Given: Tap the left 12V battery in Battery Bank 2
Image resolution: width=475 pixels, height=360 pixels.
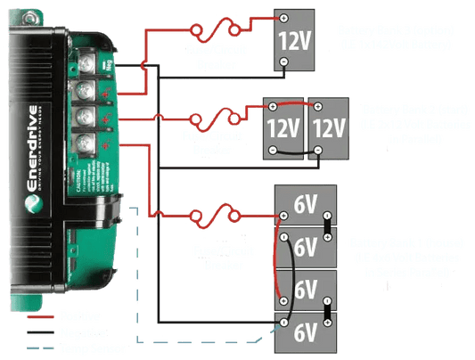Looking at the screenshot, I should pos(283,127).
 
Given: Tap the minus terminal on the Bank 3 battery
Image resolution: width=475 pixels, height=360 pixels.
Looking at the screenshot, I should pos(282,61).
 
